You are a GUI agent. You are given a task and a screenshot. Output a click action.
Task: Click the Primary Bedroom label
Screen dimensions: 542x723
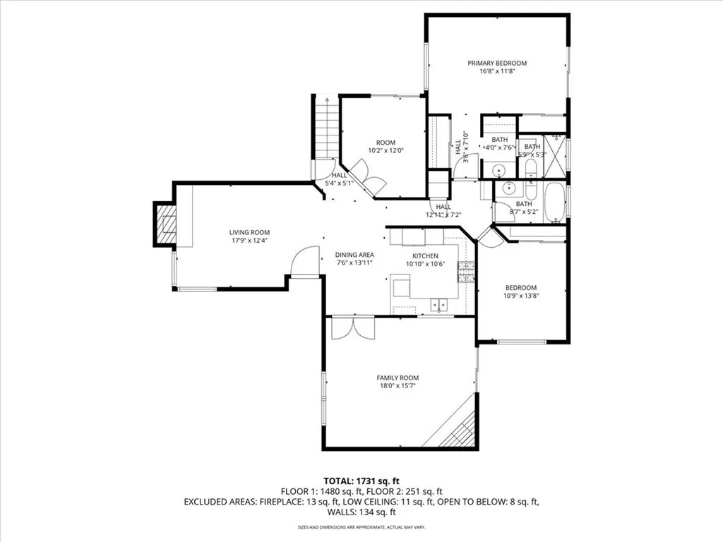pyautogui.click(x=497, y=63)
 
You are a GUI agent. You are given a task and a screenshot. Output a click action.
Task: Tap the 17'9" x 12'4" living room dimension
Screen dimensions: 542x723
pyautogui.click(x=249, y=241)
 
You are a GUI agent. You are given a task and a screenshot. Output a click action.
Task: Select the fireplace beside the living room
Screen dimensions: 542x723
pyautogui.click(x=166, y=224)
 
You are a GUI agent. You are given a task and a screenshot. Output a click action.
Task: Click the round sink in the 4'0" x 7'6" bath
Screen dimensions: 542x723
pyautogui.click(x=498, y=170)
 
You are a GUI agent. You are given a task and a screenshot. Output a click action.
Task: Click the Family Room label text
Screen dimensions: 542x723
pyautogui.click(x=398, y=378)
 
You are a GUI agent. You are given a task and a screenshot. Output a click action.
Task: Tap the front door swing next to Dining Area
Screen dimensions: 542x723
pyautogui.click(x=305, y=261)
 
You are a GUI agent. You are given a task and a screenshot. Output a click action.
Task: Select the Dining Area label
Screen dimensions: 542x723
pyautogui.click(x=354, y=255)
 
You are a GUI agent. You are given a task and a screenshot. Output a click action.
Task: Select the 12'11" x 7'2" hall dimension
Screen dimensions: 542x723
pyautogui.click(x=443, y=215)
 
